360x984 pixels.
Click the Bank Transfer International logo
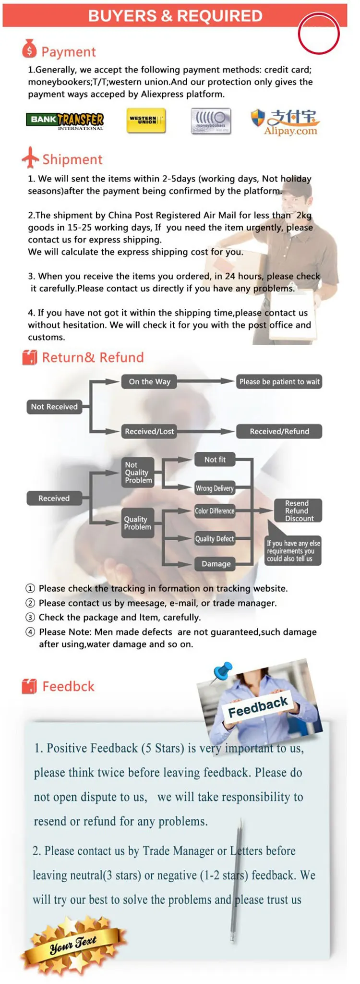click(65, 121)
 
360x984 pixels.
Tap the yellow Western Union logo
click(146, 120)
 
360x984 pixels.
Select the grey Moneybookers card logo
click(211, 121)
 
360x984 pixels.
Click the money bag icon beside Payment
click(29, 49)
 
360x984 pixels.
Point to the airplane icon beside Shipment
click(30, 158)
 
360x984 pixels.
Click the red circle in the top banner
click(319, 34)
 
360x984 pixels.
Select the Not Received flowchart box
click(54, 407)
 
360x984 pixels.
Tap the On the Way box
click(149, 382)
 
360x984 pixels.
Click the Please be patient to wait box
click(279, 382)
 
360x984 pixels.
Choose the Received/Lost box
click(149, 431)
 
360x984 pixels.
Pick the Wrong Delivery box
click(215, 488)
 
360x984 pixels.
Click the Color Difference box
click(215, 511)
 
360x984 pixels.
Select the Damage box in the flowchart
click(216, 564)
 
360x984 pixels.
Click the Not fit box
click(215, 460)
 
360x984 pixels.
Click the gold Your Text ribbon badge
click(73, 944)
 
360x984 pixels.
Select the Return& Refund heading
click(93, 357)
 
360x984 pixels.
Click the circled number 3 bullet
click(30, 617)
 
